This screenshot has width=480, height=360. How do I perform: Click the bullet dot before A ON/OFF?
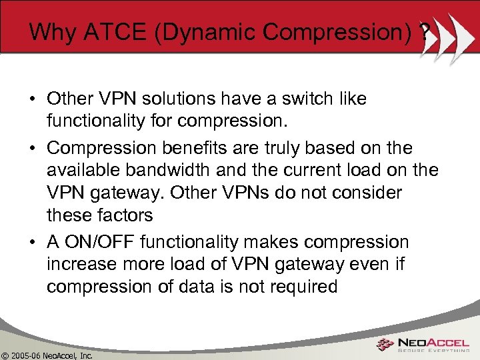(33, 242)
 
